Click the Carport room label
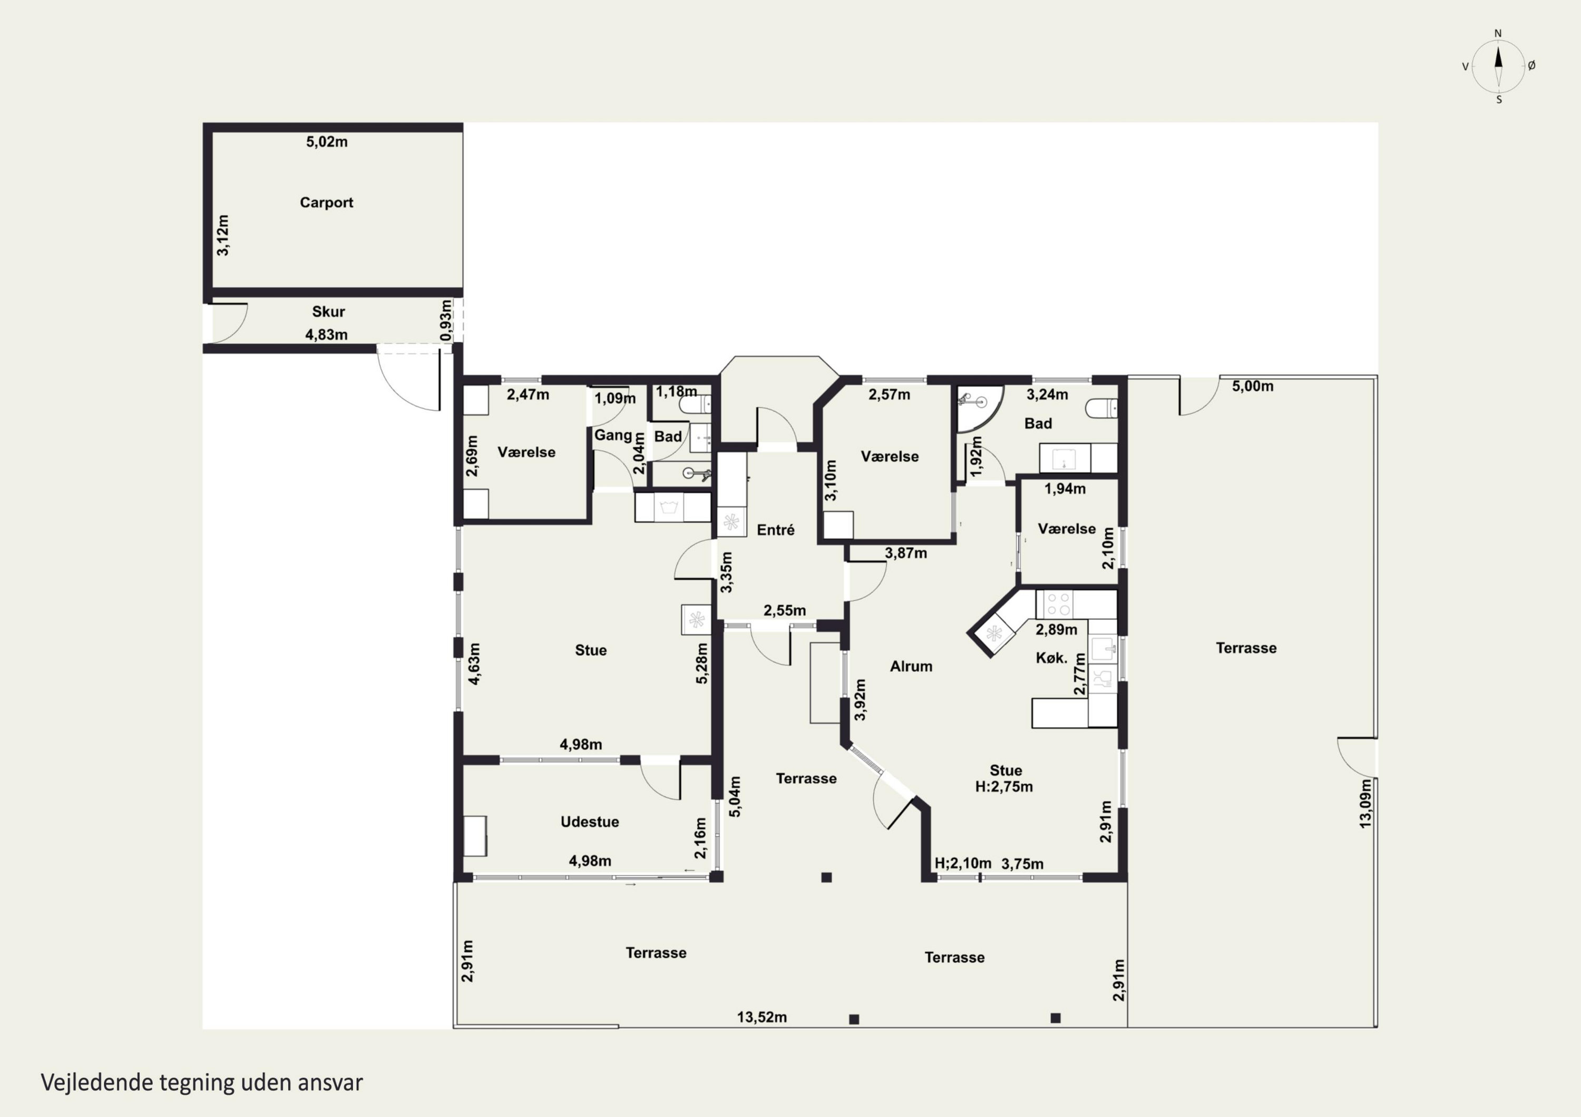pyautogui.click(x=326, y=202)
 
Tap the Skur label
pyautogui.click(x=328, y=311)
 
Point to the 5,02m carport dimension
pyautogui.click(x=327, y=142)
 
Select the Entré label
pyautogui.click(x=775, y=529)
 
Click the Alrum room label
pyautogui.click(x=911, y=666)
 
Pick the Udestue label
pyautogui.click(x=589, y=822)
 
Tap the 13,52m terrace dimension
pyautogui.click(x=762, y=1017)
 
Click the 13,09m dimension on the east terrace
pyautogui.click(x=1365, y=803)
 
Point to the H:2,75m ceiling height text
pyautogui.click(x=1004, y=787)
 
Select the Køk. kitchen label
pyautogui.click(x=1051, y=658)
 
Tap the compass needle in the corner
pyautogui.click(x=1498, y=65)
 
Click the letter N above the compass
pyautogui.click(x=1498, y=33)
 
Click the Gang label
pyautogui.click(x=613, y=435)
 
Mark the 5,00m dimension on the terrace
pyautogui.click(x=1253, y=386)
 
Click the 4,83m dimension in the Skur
pyautogui.click(x=326, y=334)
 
